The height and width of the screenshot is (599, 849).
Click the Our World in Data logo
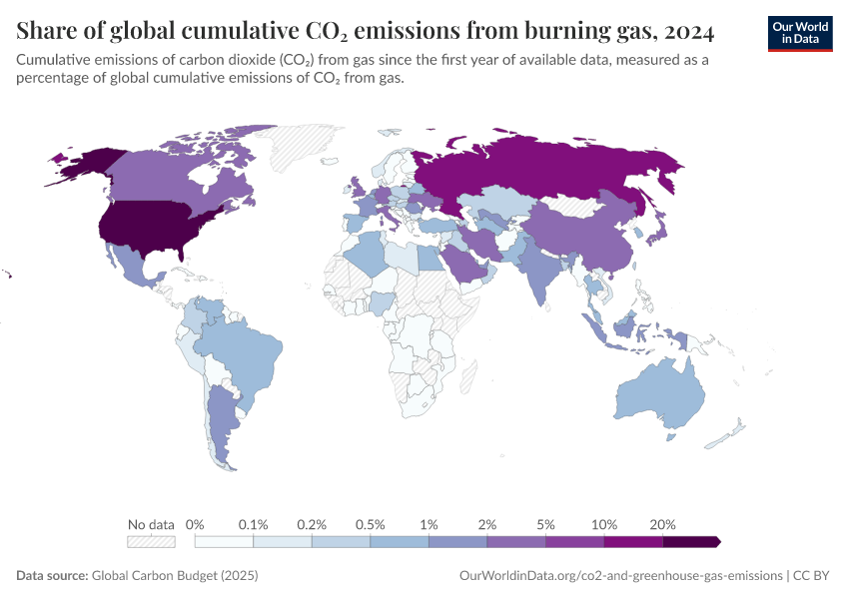pos(799,33)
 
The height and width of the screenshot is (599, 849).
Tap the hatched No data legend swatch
pos(151,541)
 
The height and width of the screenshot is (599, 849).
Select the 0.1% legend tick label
pos(254,524)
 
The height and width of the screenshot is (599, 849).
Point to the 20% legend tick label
pos(663,524)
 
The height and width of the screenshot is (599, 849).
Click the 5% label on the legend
pos(546,524)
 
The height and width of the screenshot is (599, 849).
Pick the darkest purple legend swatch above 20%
pos(690,541)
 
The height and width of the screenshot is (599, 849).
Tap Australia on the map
pos(660,395)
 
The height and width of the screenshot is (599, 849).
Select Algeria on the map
pos(366,255)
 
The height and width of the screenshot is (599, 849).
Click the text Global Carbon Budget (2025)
pos(176,576)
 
